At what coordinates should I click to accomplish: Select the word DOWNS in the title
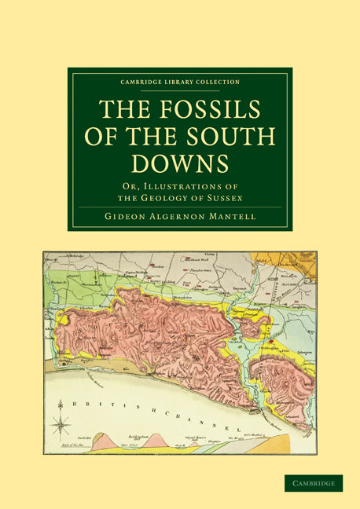[180, 163]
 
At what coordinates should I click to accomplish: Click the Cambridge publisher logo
[314, 483]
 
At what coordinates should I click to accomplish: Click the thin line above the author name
[180, 207]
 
